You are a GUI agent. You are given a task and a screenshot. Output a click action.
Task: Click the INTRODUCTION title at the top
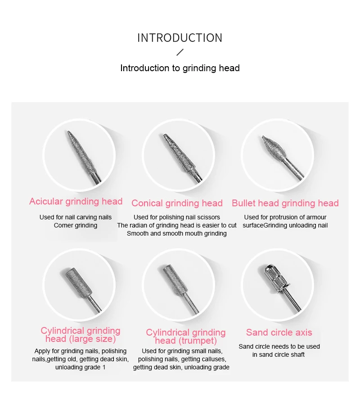click(x=180, y=38)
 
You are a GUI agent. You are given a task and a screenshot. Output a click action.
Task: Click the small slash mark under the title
click(x=180, y=52)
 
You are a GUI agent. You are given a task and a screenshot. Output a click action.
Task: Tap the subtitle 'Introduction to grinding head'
click(x=180, y=68)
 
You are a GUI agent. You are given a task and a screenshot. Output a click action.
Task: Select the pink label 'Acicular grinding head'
click(x=76, y=201)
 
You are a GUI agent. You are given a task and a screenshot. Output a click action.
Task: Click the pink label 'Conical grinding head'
click(x=177, y=203)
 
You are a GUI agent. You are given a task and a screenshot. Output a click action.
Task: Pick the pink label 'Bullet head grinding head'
click(x=285, y=203)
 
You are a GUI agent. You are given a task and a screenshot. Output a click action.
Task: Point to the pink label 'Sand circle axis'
click(x=279, y=332)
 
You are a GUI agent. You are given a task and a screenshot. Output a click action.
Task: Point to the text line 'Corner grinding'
click(x=76, y=225)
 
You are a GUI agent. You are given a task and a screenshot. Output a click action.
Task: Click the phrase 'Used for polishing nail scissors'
click(x=177, y=217)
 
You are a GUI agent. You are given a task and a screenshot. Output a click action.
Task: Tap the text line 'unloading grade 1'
click(x=80, y=367)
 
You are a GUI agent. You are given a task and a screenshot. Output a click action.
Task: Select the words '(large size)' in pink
click(x=92, y=339)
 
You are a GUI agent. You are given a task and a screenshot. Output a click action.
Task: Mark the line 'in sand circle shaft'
click(x=279, y=354)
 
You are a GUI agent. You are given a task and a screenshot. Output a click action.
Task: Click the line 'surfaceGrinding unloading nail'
click(x=285, y=225)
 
